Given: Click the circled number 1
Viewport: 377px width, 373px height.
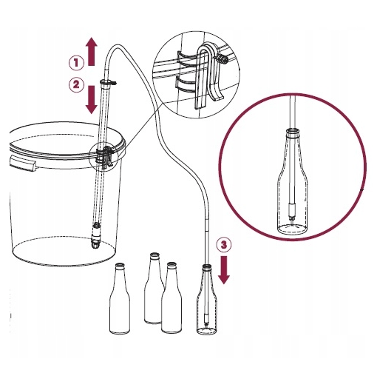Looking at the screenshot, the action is tap(76, 63).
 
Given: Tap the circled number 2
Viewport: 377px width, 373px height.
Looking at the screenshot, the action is tap(76, 85).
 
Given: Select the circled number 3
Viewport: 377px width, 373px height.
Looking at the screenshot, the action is tap(224, 245).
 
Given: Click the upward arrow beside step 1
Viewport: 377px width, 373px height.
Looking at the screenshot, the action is tap(92, 52).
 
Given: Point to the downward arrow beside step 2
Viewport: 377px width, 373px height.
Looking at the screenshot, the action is tap(92, 100).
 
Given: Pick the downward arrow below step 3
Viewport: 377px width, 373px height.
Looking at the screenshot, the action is tap(224, 270).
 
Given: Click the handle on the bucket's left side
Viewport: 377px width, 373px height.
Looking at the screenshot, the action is tap(22, 164).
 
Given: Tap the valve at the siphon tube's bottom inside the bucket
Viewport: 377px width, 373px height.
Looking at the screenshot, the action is tap(95, 235).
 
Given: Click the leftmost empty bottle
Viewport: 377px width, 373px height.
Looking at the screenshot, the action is tap(120, 298).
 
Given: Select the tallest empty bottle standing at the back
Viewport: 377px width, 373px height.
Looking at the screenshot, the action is tap(154, 288).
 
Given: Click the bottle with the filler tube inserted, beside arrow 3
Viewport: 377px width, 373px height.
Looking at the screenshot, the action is tap(207, 300).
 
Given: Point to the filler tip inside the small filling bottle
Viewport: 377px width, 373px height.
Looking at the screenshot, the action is tap(207, 320).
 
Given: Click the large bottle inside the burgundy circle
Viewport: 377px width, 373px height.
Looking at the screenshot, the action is tap(293, 181).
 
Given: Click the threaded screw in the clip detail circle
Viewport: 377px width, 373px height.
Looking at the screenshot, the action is tap(222, 59).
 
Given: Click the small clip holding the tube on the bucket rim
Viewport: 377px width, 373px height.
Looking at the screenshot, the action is tap(106, 157).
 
